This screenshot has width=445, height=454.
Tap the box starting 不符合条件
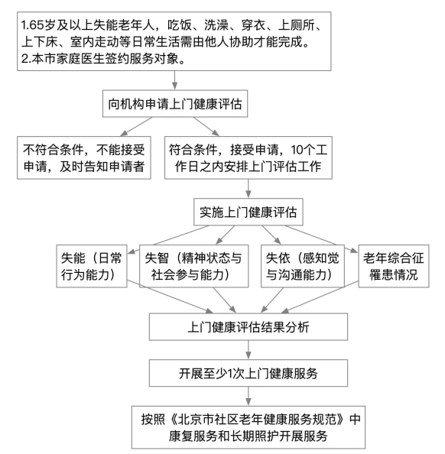coord(84,157)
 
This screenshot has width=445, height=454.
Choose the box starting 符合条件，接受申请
coord(251,157)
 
